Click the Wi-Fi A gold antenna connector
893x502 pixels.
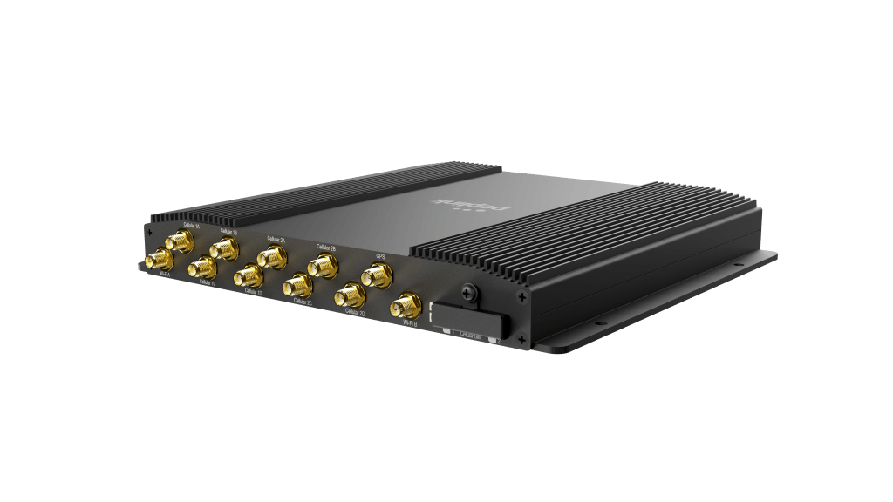click(x=160, y=260)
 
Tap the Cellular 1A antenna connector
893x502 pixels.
click(x=183, y=240)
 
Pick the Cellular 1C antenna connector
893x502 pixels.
click(x=201, y=268)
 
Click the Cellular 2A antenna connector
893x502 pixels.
click(x=270, y=257)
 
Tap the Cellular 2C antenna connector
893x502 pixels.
click(x=297, y=286)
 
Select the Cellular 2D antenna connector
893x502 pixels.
click(x=349, y=295)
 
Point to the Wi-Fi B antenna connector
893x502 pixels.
click(x=406, y=307)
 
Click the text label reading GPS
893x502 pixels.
click(x=380, y=256)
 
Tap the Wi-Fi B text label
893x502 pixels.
click(x=408, y=325)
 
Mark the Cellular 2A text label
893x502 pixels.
click(x=276, y=238)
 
